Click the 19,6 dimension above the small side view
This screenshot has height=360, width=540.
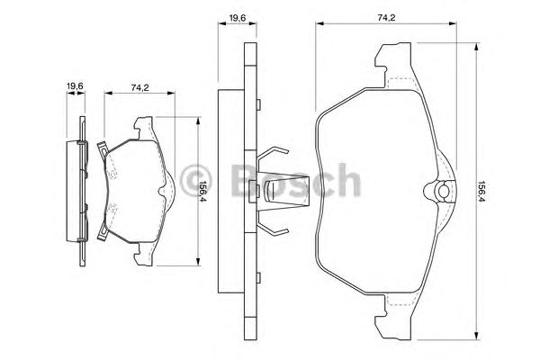tap(75, 85)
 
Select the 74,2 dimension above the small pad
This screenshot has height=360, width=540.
tap(139, 87)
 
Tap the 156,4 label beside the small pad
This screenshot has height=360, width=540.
tap(203, 191)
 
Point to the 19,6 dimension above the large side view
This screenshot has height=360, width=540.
tap(237, 18)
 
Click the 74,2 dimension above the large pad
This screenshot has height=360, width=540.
tap(386, 18)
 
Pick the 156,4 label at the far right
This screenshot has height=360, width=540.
tap(481, 192)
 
